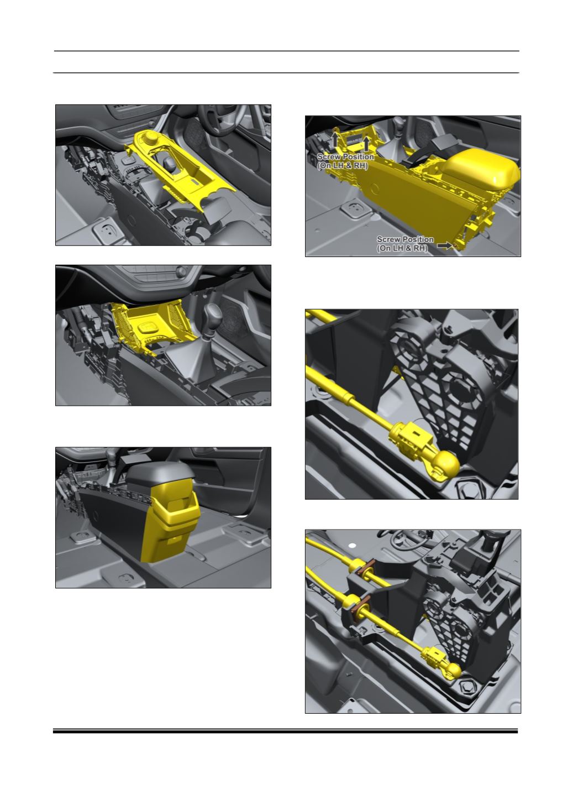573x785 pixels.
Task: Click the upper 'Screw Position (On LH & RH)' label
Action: coord(345,161)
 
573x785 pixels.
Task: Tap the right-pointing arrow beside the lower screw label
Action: coord(444,245)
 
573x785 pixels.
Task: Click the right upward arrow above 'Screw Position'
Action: coord(366,143)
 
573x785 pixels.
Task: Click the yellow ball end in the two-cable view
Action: coord(454,670)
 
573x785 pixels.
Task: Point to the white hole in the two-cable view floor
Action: coord(352,545)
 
